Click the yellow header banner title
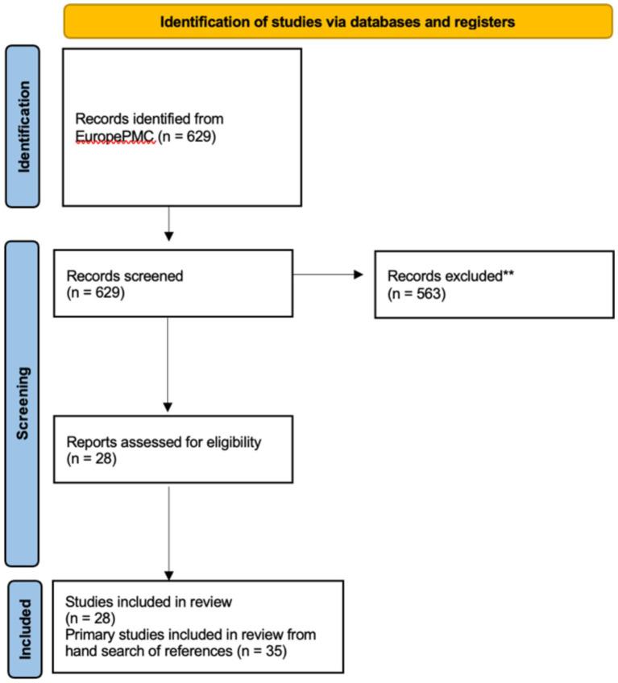click(x=337, y=22)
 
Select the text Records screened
click(x=127, y=275)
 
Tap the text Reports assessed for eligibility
click(x=164, y=441)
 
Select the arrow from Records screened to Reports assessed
click(x=168, y=362)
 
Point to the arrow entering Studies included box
click(x=168, y=532)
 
